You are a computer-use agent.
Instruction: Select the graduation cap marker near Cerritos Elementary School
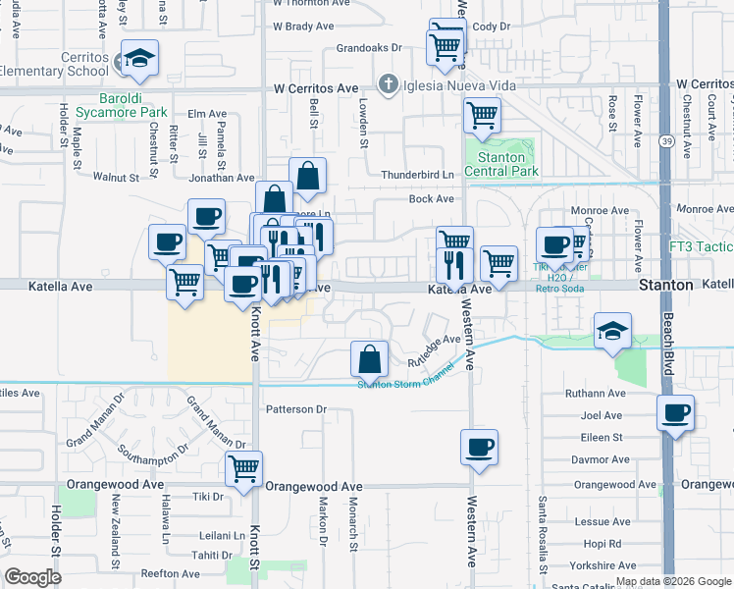click(x=139, y=59)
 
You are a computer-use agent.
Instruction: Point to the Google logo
click(x=32, y=576)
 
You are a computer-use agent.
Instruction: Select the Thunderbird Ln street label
click(x=418, y=175)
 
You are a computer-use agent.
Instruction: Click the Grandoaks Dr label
click(x=369, y=47)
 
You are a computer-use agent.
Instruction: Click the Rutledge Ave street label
click(x=434, y=352)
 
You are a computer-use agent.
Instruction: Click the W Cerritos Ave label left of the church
click(x=316, y=88)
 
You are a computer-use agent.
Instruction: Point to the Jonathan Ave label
click(x=222, y=178)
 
